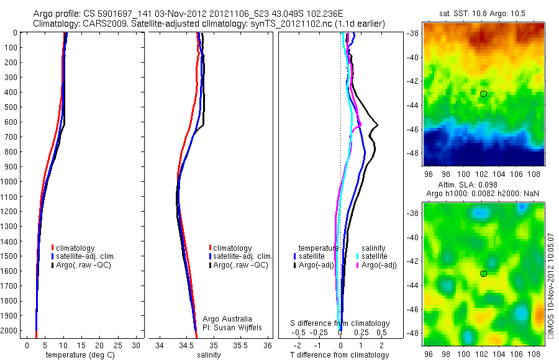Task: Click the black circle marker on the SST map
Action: (483, 94)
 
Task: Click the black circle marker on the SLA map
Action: (483, 274)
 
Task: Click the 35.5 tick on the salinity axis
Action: (240, 345)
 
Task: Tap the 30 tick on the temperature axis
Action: (137, 345)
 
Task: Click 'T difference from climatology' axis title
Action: (340, 355)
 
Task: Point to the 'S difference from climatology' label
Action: (340, 323)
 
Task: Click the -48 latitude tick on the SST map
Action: (414, 153)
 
